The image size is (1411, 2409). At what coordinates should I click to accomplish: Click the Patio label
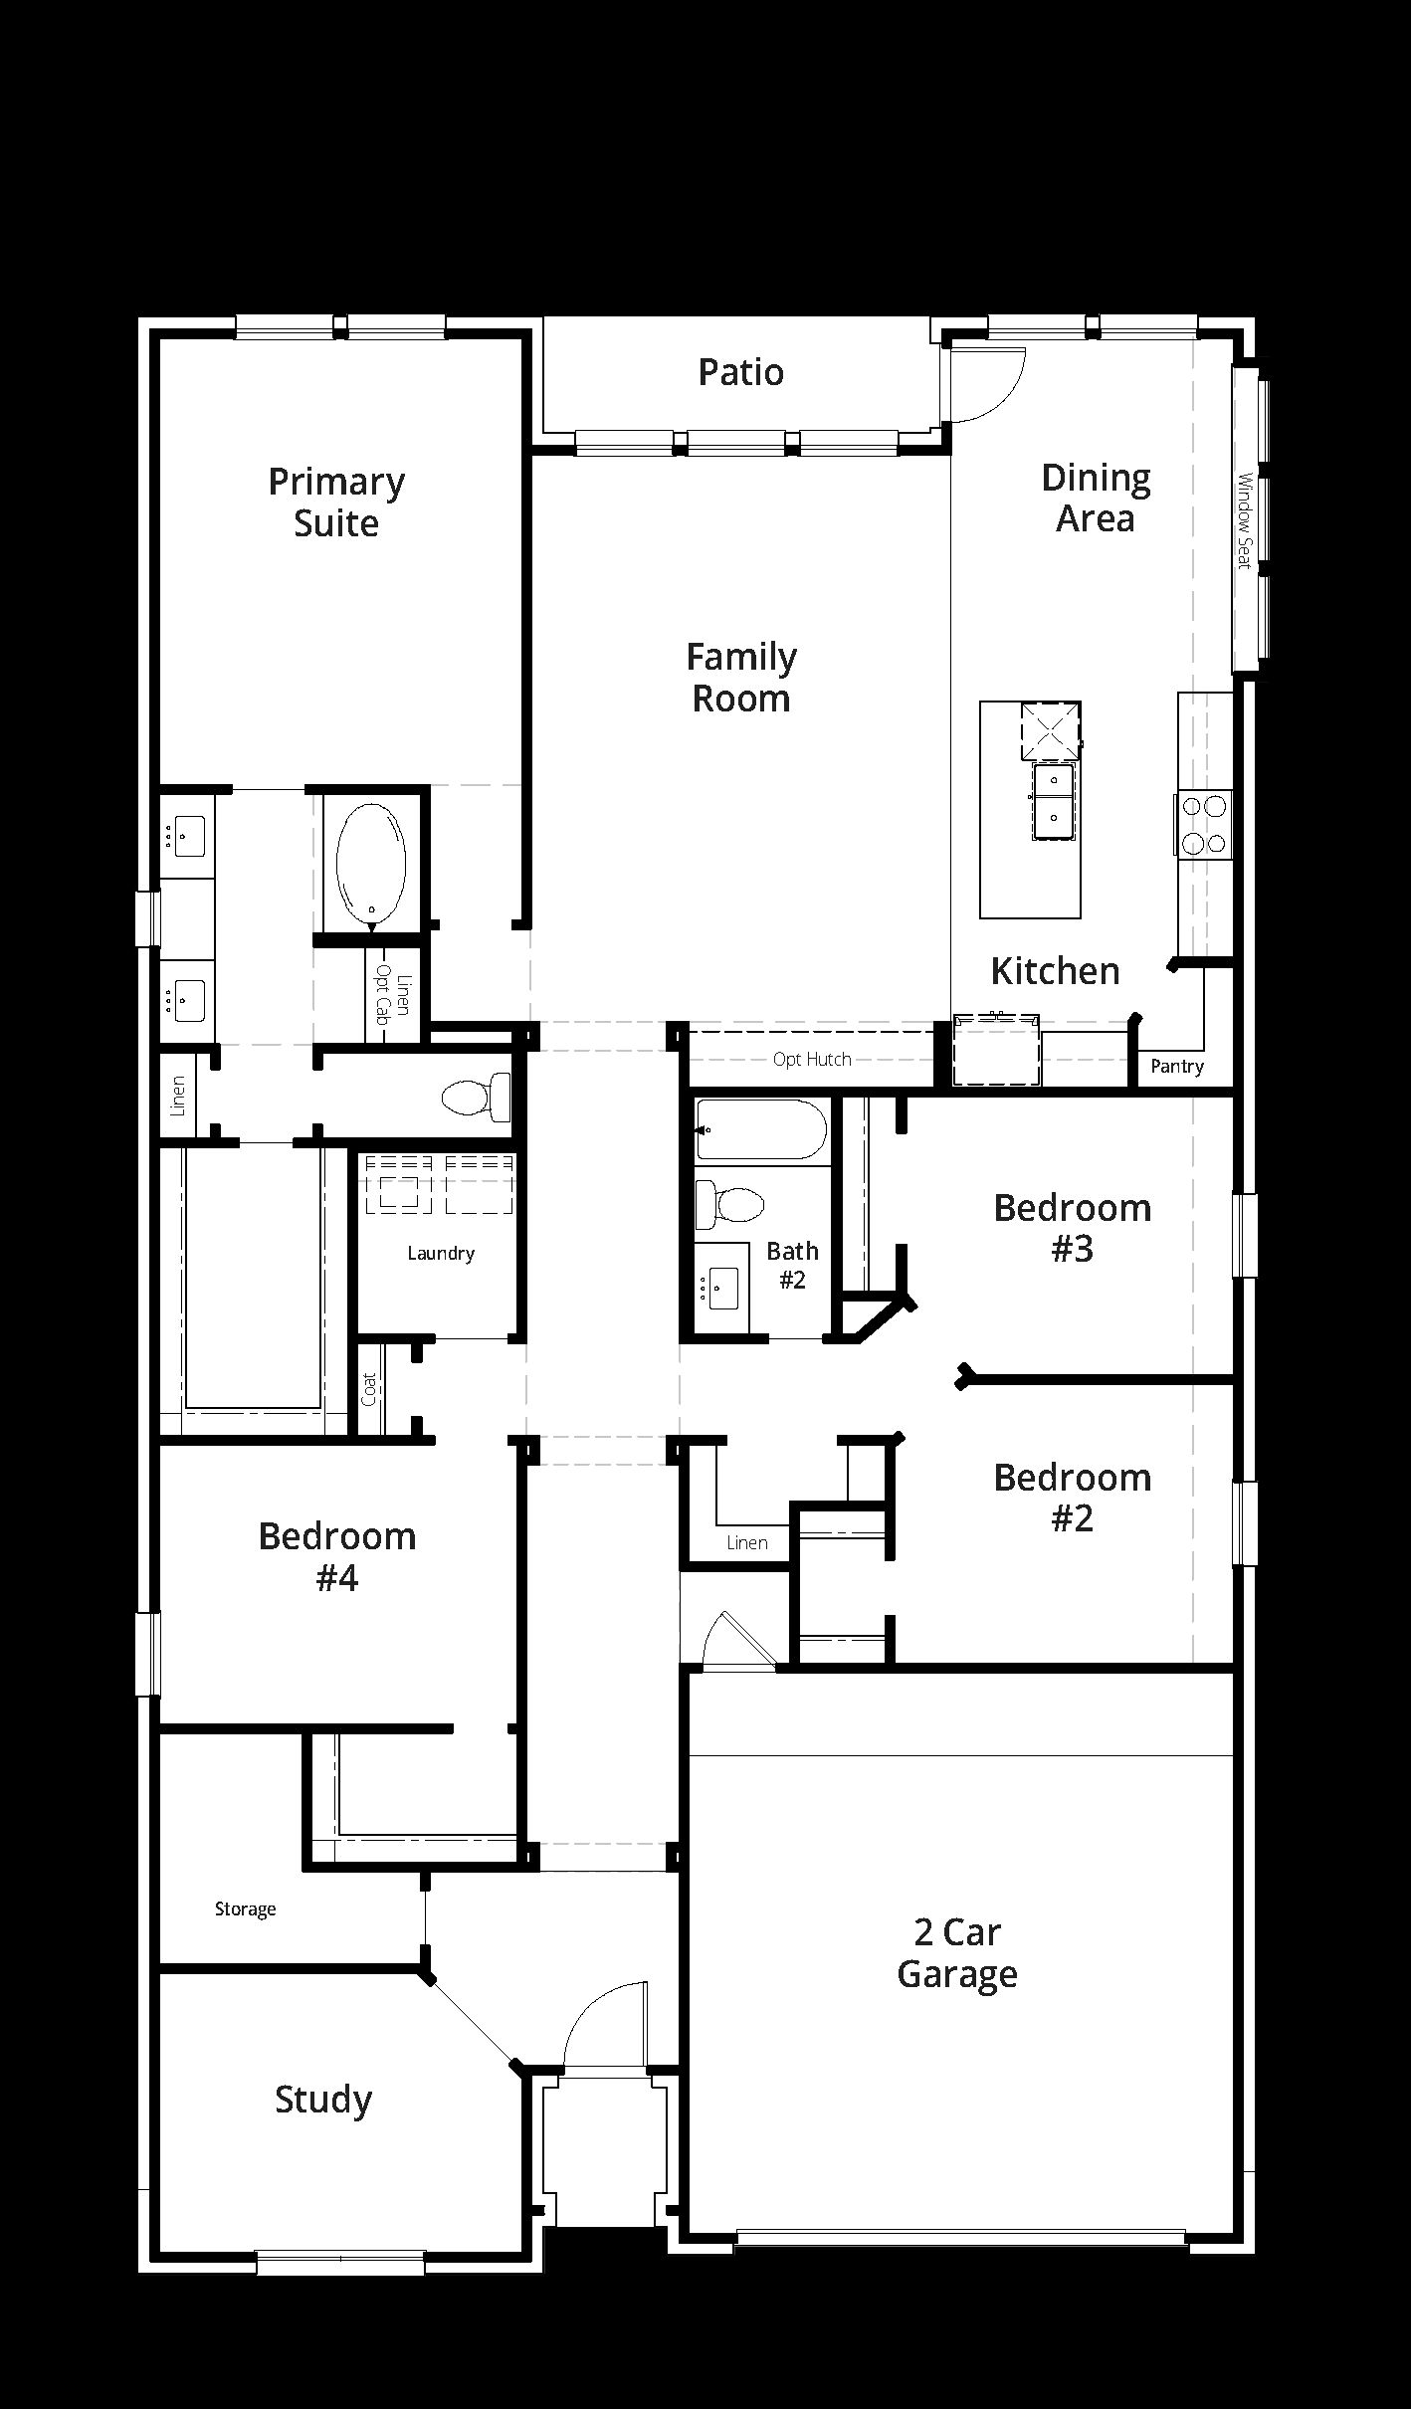pos(740,372)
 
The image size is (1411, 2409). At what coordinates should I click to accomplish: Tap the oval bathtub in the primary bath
pos(371,862)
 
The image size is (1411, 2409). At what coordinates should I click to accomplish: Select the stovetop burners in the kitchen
pos(1204,824)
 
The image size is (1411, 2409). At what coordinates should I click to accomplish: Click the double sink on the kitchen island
pos(1053,801)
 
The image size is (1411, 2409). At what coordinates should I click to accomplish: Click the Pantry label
pos(1177,1067)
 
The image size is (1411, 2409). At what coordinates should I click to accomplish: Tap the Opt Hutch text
pos(812,1059)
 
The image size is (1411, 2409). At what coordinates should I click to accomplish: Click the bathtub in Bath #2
pos(761,1129)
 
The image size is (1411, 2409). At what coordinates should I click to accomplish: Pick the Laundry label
pos(441,1254)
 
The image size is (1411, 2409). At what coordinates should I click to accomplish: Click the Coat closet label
pos(369,1389)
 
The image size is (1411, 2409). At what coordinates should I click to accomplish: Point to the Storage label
pos(245,1908)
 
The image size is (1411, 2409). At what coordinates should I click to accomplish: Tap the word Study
pos(323,2099)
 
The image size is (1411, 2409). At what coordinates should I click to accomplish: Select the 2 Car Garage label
pos(957,1952)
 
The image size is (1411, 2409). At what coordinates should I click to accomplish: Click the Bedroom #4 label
pos(337,1556)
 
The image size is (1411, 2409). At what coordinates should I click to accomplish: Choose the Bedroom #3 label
pos(1073,1227)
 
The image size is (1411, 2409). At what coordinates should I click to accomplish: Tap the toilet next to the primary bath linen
pos(476,1098)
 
